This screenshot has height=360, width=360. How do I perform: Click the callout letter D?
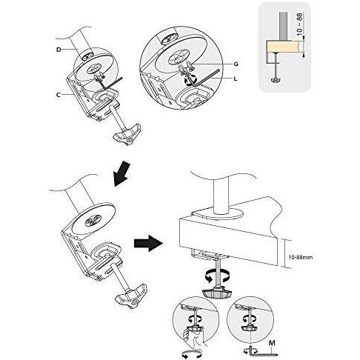click(59, 50)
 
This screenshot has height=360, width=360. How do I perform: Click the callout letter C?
click(59, 95)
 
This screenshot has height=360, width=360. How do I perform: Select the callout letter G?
click(236, 64)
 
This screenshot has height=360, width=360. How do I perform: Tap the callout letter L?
click(236, 79)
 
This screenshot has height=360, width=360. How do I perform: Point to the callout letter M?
click(272, 343)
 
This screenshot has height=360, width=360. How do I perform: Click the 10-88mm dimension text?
click(301, 257)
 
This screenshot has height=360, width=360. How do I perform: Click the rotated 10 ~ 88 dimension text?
click(299, 24)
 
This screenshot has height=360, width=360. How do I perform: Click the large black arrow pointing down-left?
click(121, 173)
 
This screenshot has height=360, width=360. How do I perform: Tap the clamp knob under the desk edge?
click(217, 293)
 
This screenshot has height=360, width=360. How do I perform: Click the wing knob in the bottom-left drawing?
click(130, 296)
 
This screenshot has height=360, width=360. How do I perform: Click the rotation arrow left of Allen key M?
click(247, 351)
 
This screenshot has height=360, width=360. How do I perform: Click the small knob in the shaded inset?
click(276, 79)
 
